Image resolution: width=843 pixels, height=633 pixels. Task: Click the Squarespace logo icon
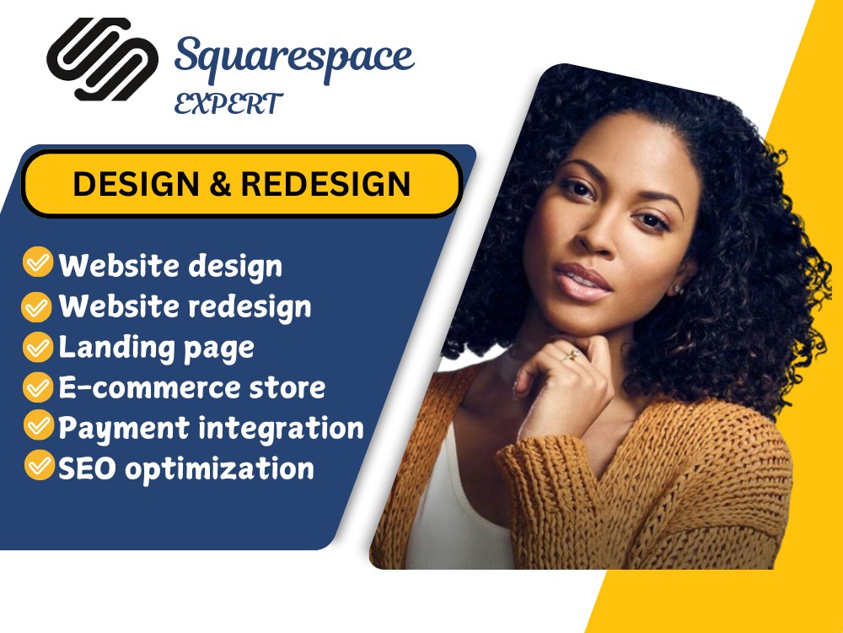(102, 59)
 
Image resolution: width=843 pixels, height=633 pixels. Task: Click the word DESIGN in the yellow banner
(135, 184)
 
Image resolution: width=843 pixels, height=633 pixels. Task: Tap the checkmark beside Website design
(37, 263)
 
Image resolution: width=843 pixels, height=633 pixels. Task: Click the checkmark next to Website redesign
(37, 306)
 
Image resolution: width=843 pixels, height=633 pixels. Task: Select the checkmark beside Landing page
(37, 346)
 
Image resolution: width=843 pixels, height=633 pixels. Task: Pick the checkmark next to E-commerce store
(37, 387)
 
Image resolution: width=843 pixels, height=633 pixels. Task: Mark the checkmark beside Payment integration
(37, 426)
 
